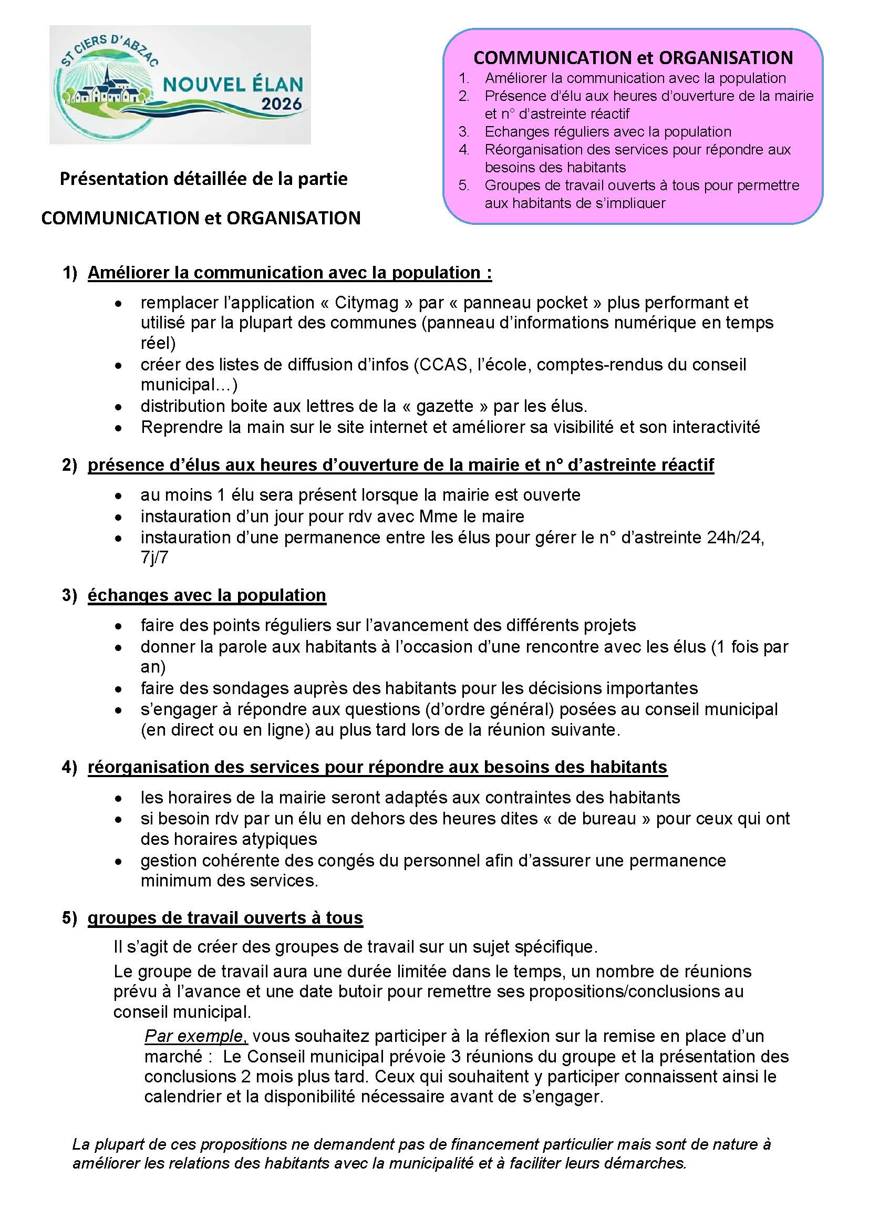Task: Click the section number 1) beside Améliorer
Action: pyautogui.click(x=70, y=273)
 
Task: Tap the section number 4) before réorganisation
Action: pyautogui.click(x=69, y=767)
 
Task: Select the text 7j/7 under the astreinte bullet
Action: pyautogui.click(x=154, y=558)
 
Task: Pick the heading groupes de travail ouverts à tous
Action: pyautogui.click(x=225, y=917)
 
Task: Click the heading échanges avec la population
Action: pyautogui.click(x=206, y=595)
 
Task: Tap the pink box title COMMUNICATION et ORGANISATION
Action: pyautogui.click(x=633, y=58)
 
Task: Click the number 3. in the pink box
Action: pyautogui.click(x=464, y=132)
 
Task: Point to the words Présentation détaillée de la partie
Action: pyautogui.click(x=203, y=178)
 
